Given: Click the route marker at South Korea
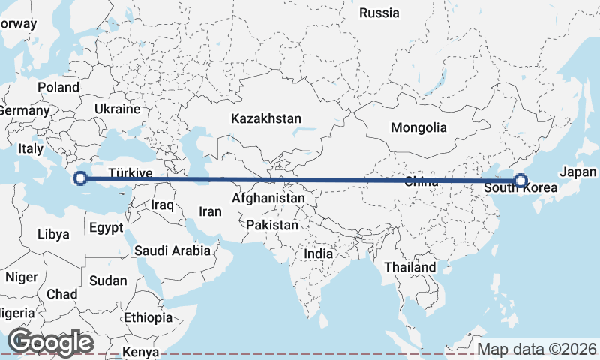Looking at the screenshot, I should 520,180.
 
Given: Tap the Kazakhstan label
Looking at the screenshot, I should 266,118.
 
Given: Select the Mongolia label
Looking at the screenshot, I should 418,127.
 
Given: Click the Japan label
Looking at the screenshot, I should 577,171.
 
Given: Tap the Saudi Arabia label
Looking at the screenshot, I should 172,250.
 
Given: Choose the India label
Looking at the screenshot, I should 318,253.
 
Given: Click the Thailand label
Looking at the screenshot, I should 409,267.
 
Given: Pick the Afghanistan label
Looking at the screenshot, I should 268,199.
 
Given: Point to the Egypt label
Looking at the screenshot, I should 106,226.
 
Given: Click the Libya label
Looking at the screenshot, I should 53,234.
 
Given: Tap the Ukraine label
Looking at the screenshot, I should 117,109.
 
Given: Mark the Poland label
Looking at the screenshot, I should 58,87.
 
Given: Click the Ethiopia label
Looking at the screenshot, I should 148,317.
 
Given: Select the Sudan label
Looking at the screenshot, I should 108,280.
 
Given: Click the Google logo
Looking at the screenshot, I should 50,342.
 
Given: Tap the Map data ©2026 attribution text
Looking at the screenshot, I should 537,349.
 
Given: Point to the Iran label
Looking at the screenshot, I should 210,212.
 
